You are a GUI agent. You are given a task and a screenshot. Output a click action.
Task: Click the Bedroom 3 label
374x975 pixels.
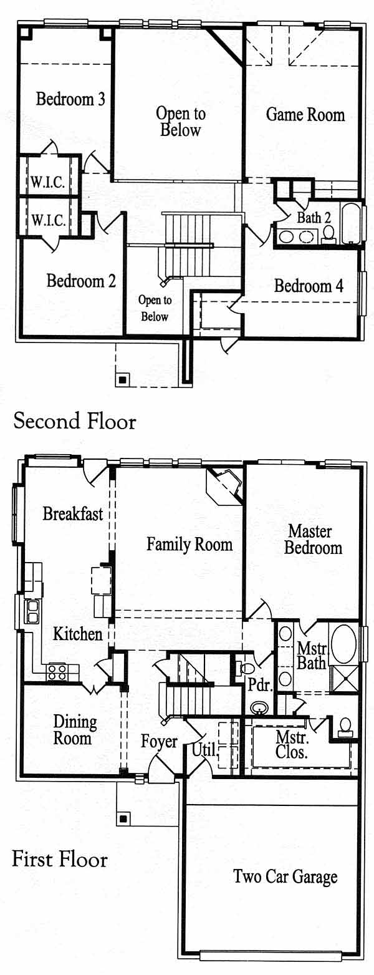pos(70,99)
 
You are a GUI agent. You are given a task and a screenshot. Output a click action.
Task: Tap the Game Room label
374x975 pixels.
pos(305,115)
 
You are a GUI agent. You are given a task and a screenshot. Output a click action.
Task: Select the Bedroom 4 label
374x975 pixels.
pos(309,286)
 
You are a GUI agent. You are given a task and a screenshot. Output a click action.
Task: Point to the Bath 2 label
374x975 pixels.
pos(314,217)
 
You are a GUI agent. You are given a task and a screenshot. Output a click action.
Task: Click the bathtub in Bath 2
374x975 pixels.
pos(350,224)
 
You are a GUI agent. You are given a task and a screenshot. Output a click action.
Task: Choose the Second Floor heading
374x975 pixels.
pos(75,421)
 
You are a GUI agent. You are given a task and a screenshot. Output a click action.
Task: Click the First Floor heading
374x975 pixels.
pos(60,860)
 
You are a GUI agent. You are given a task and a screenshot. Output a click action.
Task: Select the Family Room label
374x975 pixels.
pos(189,544)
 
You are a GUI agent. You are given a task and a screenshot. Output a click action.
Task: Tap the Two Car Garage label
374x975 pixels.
pos(285,876)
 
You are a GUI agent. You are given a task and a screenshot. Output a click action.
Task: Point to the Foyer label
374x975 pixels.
pos(159,742)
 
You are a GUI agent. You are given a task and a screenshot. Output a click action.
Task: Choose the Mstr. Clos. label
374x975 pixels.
pos(292,745)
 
